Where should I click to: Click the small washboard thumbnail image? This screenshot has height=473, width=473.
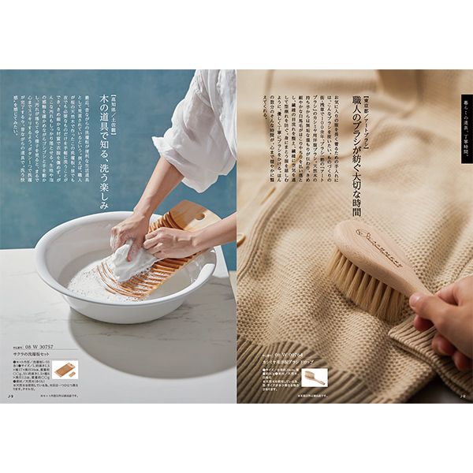coord(65,368)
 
